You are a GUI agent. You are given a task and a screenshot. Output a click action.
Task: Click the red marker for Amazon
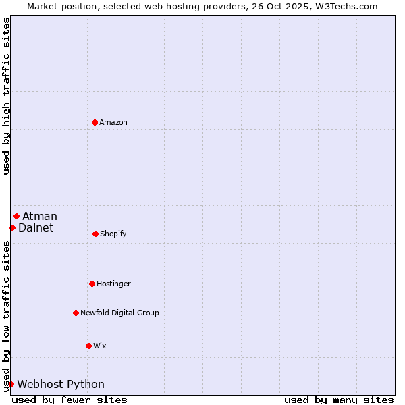click(x=94, y=122)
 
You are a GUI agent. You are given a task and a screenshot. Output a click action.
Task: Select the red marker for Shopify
click(x=95, y=234)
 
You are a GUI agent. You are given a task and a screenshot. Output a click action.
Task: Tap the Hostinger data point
click(x=92, y=283)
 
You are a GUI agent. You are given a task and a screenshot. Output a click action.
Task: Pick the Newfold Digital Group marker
click(x=76, y=313)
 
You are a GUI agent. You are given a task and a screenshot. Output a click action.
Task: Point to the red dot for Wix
click(x=88, y=346)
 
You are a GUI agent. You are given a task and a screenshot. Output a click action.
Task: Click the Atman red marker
click(x=16, y=216)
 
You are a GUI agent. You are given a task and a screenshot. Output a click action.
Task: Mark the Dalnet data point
click(x=12, y=227)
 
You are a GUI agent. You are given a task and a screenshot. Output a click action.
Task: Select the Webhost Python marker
click(x=11, y=384)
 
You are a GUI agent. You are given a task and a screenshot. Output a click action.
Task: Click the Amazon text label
click(x=113, y=122)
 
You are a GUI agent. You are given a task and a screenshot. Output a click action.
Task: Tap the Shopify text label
click(x=113, y=234)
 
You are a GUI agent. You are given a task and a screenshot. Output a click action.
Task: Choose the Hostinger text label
click(x=113, y=283)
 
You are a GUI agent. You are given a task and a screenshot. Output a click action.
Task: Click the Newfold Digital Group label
click(x=119, y=313)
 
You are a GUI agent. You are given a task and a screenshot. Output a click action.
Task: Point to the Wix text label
click(x=100, y=346)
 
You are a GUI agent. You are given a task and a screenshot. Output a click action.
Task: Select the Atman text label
click(x=40, y=216)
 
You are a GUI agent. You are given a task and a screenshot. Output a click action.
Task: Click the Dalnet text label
click(x=36, y=227)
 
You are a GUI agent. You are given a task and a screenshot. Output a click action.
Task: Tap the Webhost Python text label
click(x=61, y=384)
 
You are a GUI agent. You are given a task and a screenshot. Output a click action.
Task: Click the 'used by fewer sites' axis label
click(x=70, y=400)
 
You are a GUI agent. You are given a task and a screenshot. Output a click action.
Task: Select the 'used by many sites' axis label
click(x=339, y=400)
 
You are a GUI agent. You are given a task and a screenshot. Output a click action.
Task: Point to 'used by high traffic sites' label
click(x=6, y=96)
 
